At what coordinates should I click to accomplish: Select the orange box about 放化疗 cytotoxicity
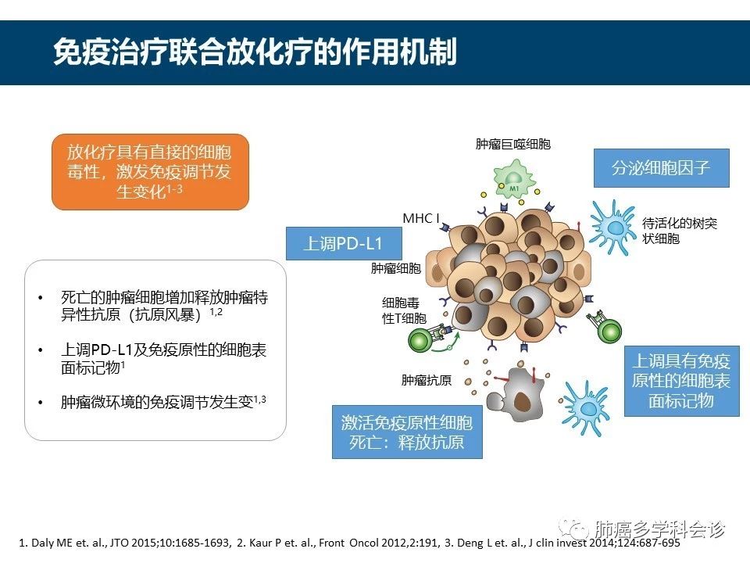click(150, 171)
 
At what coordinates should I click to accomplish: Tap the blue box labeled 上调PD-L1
click(343, 244)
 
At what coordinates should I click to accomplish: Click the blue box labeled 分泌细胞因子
click(660, 168)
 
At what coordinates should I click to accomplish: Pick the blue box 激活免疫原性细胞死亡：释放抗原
click(406, 432)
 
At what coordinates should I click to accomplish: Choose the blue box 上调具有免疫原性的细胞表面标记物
click(680, 381)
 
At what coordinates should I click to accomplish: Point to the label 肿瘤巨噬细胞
click(512, 144)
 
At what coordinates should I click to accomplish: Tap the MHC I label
click(423, 218)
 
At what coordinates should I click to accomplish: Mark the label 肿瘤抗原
click(426, 381)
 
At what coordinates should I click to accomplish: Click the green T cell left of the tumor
click(422, 340)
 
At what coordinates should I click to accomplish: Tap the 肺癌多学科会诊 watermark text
click(659, 529)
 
